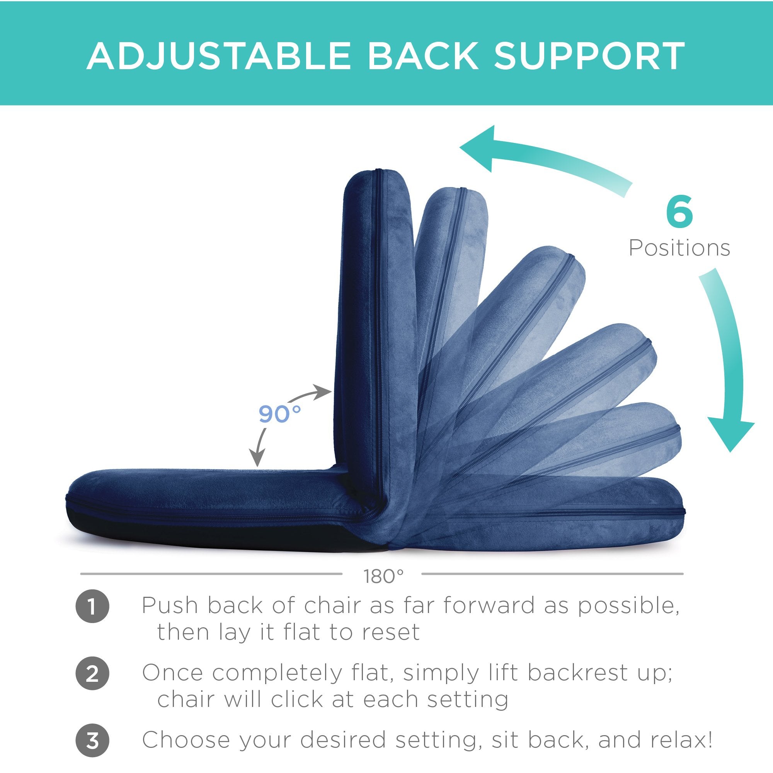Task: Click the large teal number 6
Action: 679,211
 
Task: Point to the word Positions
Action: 679,248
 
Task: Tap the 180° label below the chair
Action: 383,577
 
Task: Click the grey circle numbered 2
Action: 92,674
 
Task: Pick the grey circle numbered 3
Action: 92,741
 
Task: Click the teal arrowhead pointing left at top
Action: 478,149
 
